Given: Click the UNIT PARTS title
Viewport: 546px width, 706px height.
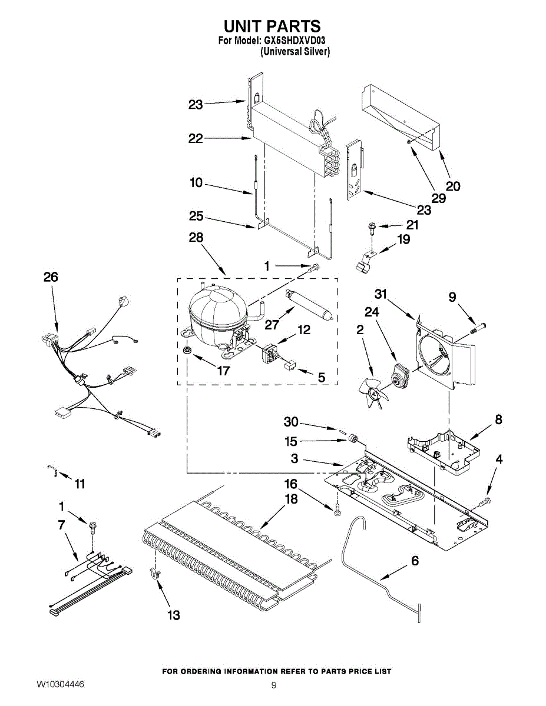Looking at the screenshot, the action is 272,26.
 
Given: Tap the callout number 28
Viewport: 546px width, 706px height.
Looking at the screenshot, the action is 196,238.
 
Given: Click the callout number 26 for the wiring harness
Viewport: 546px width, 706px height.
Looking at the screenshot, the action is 51,277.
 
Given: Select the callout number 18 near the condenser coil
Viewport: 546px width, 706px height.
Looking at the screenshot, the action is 291,499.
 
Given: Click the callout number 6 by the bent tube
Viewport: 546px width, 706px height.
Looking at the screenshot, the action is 415,561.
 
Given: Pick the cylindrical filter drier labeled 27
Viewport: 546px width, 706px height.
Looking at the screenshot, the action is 309,304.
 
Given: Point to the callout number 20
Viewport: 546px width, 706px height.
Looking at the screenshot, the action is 453,186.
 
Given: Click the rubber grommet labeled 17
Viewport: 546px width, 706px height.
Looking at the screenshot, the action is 187,351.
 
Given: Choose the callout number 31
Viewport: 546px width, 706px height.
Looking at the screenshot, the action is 381,294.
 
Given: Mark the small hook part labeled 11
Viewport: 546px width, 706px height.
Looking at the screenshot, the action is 52,471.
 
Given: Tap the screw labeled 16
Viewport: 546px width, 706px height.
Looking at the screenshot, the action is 337,511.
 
